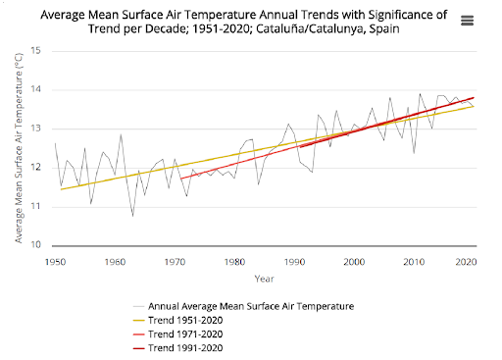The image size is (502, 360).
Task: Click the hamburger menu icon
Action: click(x=467, y=21)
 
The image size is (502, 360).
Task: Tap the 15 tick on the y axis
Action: click(x=35, y=51)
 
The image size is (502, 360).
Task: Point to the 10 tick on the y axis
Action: click(x=35, y=244)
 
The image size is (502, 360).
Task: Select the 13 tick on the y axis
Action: click(x=35, y=129)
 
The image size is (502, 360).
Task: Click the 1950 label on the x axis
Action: click(x=55, y=262)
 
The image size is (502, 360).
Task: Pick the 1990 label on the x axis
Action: click(x=294, y=262)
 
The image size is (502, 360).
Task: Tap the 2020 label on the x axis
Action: click(x=467, y=262)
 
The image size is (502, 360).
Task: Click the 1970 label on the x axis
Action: click(x=175, y=262)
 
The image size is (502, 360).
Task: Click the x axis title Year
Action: click(x=264, y=279)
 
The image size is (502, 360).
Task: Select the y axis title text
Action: click(x=19, y=148)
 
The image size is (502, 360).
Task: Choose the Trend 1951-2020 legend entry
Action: click(x=178, y=320)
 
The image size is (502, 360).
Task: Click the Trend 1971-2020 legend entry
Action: click(x=178, y=334)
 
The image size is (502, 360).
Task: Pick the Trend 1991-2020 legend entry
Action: click(x=178, y=348)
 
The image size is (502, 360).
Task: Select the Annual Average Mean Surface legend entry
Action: click(x=244, y=306)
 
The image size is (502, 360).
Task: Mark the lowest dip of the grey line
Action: click(x=133, y=216)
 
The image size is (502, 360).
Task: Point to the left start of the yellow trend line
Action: click(x=61, y=189)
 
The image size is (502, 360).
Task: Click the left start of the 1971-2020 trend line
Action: click(x=180, y=179)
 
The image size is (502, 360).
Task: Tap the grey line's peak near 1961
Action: click(x=121, y=134)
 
